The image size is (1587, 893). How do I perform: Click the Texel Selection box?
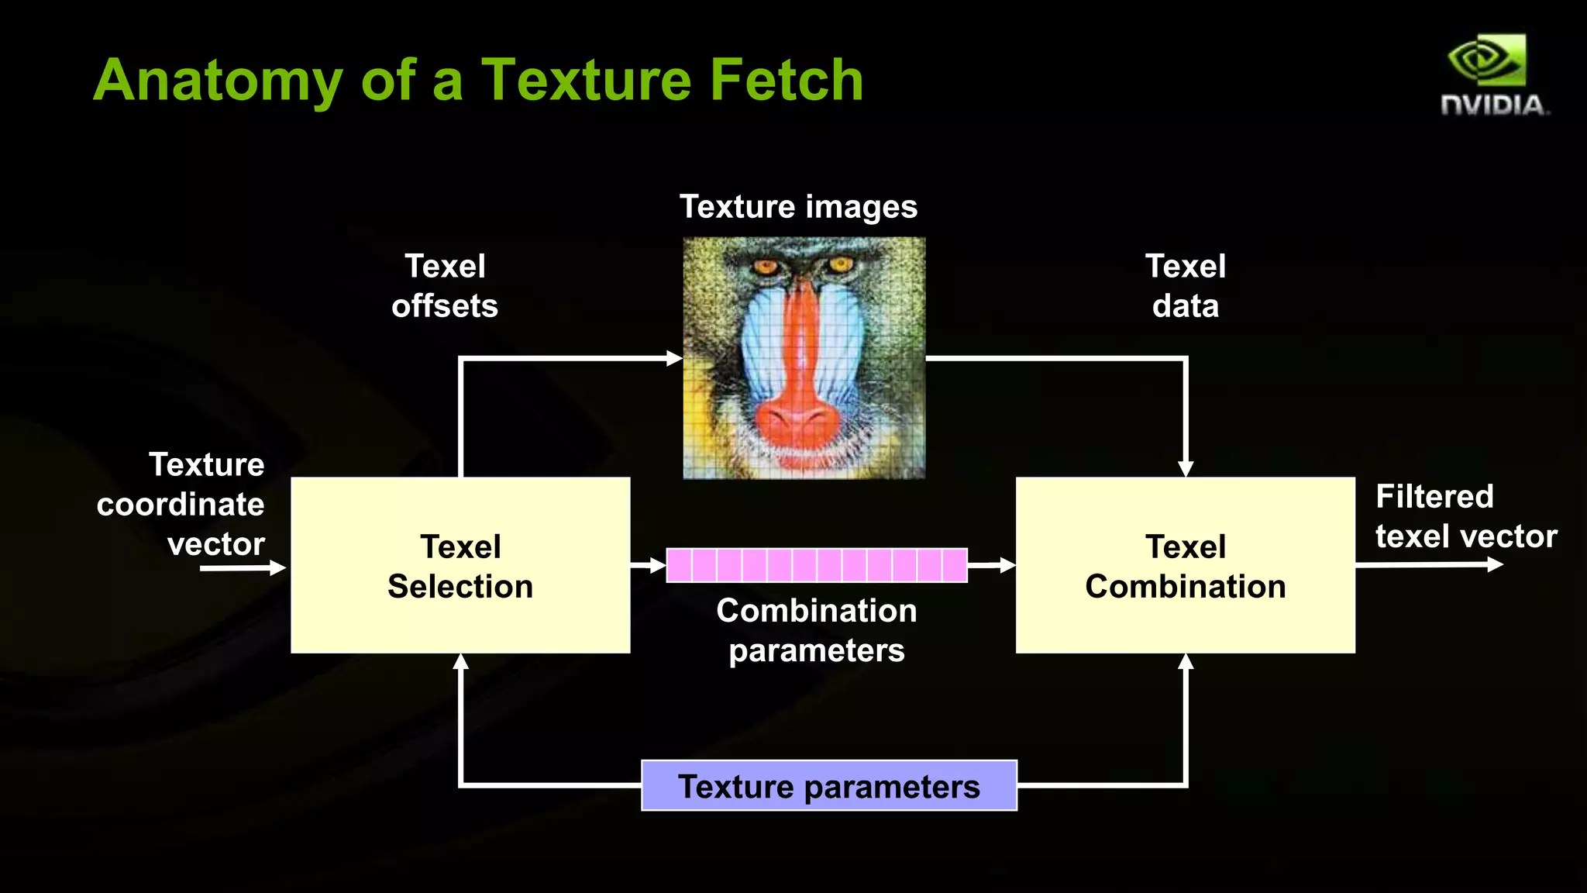(x=460, y=565)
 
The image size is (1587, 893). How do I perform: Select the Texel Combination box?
(x=1185, y=565)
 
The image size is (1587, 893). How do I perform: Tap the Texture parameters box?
(x=828, y=786)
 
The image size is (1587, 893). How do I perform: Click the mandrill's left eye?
(x=766, y=268)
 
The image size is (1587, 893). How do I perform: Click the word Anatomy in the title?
(x=218, y=81)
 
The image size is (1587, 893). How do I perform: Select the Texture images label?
(x=798, y=207)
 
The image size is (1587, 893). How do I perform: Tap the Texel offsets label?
(x=445, y=286)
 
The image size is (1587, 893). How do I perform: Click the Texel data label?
(x=1185, y=286)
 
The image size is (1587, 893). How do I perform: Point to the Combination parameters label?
(x=816, y=630)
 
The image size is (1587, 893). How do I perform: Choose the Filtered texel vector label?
(x=1465, y=516)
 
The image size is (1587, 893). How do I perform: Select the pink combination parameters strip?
(x=816, y=565)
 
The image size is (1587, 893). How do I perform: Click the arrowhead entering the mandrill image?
(x=674, y=358)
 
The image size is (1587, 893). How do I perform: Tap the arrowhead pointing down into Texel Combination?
(x=1185, y=469)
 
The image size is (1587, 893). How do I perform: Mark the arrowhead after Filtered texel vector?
(x=1495, y=564)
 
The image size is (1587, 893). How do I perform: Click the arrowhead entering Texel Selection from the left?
(x=278, y=568)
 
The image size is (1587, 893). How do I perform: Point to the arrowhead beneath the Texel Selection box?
(x=460, y=661)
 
